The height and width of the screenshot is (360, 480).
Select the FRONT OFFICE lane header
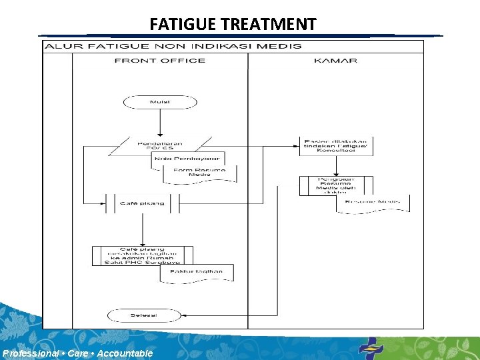[x=160, y=60]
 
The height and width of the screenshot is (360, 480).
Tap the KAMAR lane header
[x=335, y=60]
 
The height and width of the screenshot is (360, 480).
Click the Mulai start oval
[x=159, y=102]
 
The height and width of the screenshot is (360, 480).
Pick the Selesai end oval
[x=141, y=315]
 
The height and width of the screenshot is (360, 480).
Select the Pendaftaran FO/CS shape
[x=160, y=145]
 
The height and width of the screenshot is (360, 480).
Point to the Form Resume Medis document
[x=199, y=173]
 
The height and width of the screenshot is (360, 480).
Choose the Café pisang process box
[x=142, y=203]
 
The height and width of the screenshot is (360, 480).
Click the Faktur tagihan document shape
[x=197, y=273]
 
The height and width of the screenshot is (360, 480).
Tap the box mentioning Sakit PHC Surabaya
[x=142, y=256]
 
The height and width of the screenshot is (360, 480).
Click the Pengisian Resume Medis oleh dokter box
[x=337, y=185]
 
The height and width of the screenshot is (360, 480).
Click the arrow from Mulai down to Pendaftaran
[x=159, y=123]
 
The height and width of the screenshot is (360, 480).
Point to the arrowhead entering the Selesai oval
[x=173, y=315]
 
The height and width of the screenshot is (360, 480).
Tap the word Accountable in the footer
[x=125, y=353]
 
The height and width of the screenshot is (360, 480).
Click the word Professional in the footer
[x=31, y=353]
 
